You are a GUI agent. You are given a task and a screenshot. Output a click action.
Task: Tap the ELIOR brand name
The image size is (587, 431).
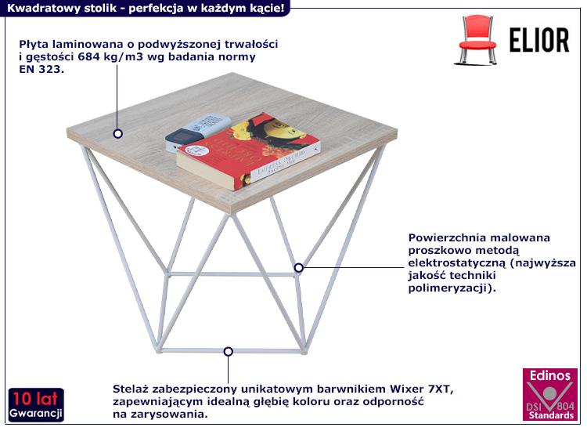click(x=539, y=39)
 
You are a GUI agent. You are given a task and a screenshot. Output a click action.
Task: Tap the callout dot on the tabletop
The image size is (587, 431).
click(x=117, y=134)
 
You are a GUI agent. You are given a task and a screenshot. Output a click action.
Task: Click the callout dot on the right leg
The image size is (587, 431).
click(x=298, y=267)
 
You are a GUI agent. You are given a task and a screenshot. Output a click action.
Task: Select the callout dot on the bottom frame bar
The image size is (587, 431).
click(x=228, y=352)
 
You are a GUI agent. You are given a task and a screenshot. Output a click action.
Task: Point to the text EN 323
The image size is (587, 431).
click(x=41, y=70)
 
